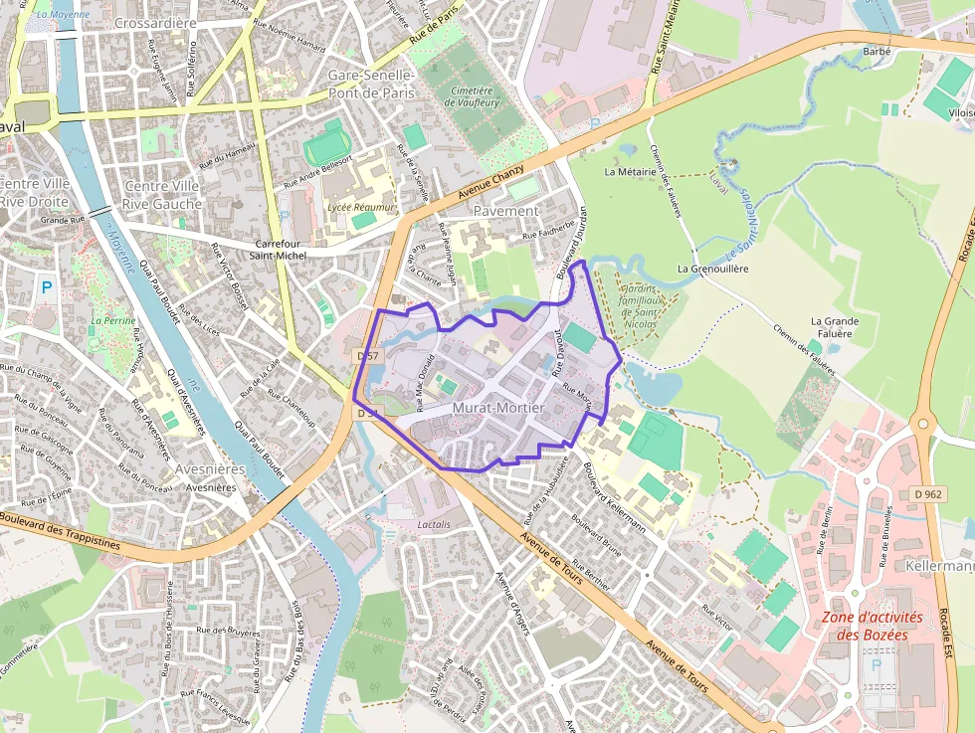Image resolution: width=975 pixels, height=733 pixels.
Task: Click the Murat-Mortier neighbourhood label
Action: coord(497,408)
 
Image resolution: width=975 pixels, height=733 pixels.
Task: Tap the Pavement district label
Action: coord(505,211)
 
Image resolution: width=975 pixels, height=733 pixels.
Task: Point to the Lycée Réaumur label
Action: coord(361,207)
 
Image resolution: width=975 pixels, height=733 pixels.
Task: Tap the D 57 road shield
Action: coord(368,355)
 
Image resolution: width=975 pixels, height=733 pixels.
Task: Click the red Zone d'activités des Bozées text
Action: coord(865,626)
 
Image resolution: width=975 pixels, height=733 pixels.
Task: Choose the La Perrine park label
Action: coord(111,321)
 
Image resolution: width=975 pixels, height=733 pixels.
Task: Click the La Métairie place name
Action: coord(630,171)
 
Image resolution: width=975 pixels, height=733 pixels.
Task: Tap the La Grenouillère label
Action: coord(711,269)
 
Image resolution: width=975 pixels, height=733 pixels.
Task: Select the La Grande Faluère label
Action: coord(834,327)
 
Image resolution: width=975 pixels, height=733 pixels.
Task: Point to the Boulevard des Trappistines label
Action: coord(60,531)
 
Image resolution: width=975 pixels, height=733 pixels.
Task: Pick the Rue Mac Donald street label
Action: coord(425,383)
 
